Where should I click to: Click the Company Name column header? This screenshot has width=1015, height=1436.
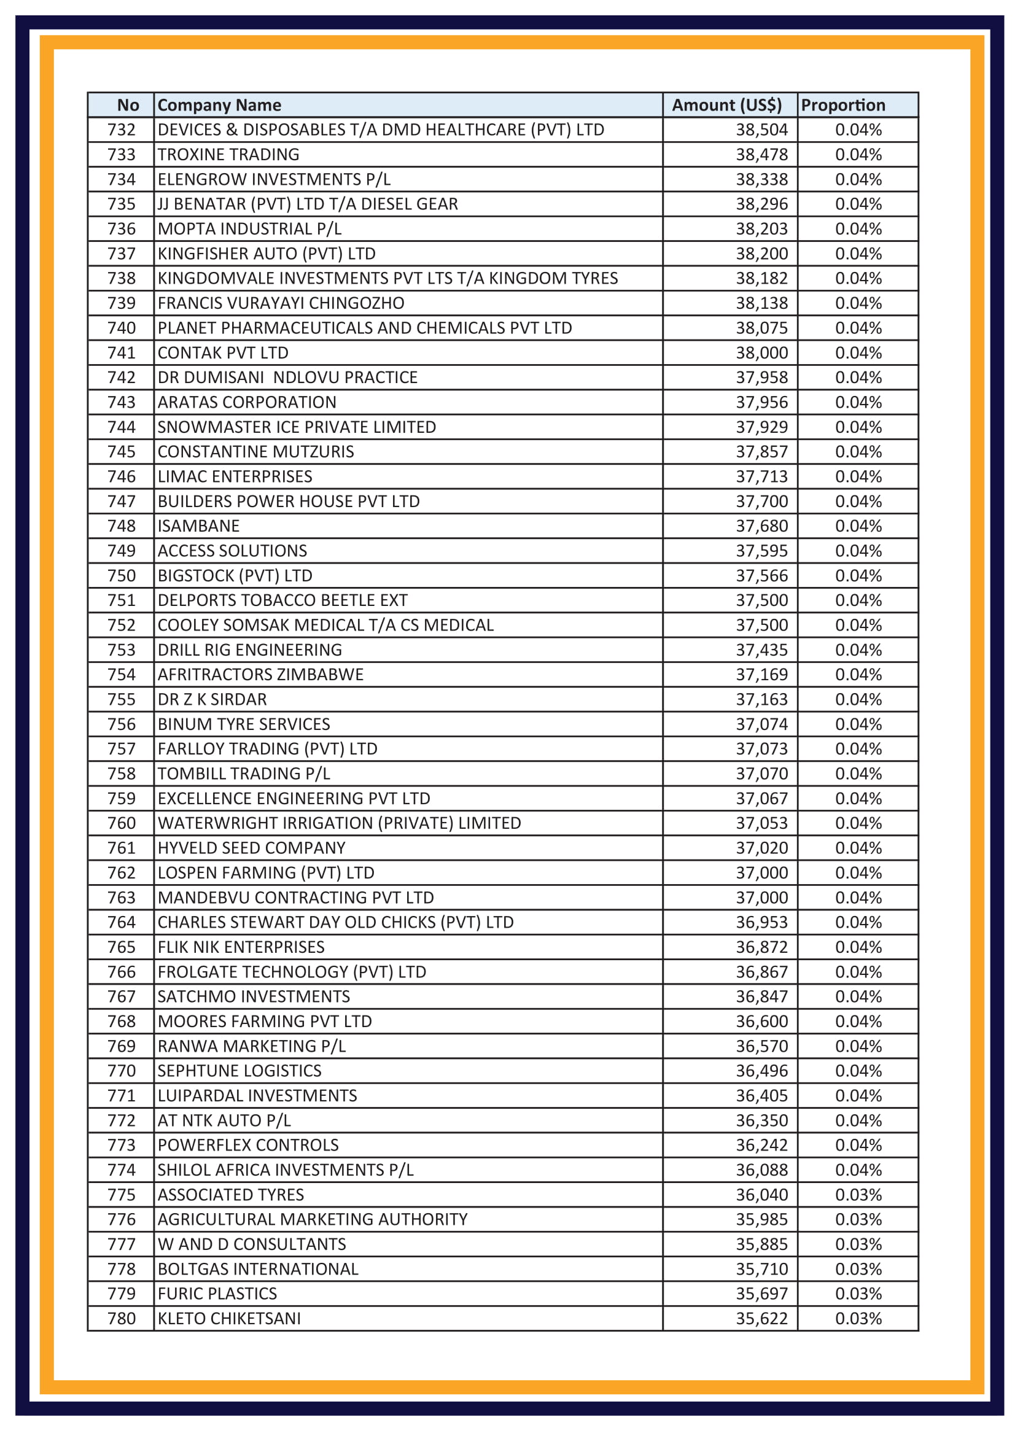pos(219,105)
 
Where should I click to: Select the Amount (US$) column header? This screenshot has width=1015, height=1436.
pos(726,105)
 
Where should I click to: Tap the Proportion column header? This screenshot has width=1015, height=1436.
pos(842,105)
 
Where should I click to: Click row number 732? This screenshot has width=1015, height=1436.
pos(122,130)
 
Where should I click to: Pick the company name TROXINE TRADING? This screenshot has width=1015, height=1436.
pos(228,155)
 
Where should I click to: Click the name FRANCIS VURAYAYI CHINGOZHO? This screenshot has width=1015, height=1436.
pos(281,303)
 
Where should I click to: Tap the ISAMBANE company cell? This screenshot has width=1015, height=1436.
pos(198,526)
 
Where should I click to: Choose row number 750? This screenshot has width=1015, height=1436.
pos(122,575)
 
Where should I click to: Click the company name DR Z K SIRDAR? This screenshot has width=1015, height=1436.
pos(212,699)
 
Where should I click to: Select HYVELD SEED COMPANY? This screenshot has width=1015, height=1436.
pos(251,848)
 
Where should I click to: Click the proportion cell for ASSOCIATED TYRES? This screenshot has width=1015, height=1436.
pos(858,1195)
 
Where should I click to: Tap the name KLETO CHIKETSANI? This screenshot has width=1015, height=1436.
pos(229,1318)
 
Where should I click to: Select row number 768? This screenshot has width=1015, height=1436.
pos(122,1022)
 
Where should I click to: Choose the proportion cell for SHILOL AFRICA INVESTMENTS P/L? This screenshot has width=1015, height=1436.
pos(858,1170)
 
